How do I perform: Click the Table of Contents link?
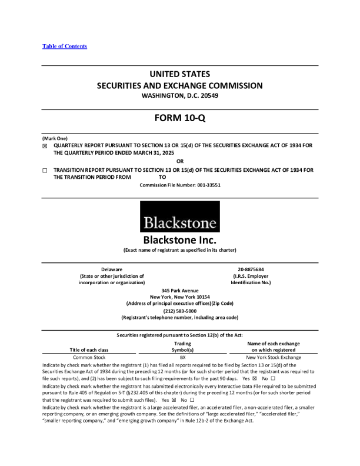coord(65,46)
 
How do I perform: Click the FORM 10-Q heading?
coord(179,118)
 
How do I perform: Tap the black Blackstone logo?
coord(180,217)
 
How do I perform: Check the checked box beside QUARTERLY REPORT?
coord(45,147)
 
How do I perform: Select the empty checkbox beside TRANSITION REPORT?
coord(45,171)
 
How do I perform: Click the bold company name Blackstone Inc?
coord(180,241)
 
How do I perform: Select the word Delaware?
coord(112,269)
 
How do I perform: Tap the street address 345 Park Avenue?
coord(180,291)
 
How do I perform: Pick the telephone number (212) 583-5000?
coord(180,311)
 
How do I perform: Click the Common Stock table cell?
coord(89,357)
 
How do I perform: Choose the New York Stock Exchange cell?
coord(274,357)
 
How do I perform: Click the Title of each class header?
coord(89,350)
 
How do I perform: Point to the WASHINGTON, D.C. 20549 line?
coord(180,95)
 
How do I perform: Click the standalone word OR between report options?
coord(180,161)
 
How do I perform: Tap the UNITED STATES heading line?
coord(180,75)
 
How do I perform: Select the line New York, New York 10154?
coord(180,297)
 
